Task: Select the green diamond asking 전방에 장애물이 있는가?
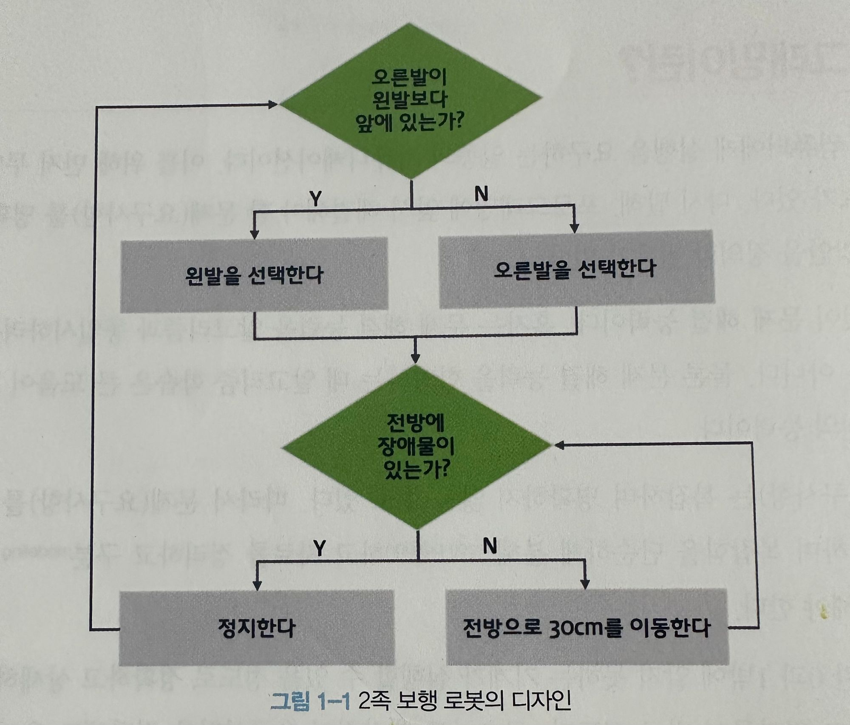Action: coord(416,447)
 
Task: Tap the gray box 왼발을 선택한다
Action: coord(254,275)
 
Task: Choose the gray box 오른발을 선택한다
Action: coord(576,269)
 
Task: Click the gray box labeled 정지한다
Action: coord(256,628)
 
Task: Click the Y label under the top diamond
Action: coord(315,198)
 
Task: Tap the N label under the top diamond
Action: coord(481,194)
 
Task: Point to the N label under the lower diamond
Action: coord(490,546)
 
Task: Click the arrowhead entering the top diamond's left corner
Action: coord(273,104)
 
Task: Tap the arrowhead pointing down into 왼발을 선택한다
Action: coord(254,235)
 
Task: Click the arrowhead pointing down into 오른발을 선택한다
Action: coord(575,229)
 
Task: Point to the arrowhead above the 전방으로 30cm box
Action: coord(585,585)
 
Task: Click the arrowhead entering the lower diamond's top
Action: coord(416,358)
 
